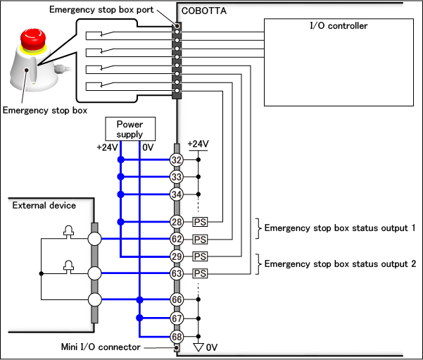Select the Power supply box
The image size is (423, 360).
(130, 128)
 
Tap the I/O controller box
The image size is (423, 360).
(339, 62)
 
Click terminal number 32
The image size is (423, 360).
(177, 160)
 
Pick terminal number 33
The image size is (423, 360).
(177, 177)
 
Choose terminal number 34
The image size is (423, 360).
(177, 194)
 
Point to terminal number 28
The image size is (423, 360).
(177, 222)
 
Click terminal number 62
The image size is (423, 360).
(177, 239)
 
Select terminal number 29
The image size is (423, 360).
(177, 256)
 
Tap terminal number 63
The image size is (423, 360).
(177, 273)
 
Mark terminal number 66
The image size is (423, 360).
(177, 301)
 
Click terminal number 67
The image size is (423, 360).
(177, 318)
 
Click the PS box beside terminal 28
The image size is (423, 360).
(200, 222)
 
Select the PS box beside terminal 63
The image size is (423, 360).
(200, 273)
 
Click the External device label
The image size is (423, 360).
(43, 206)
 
